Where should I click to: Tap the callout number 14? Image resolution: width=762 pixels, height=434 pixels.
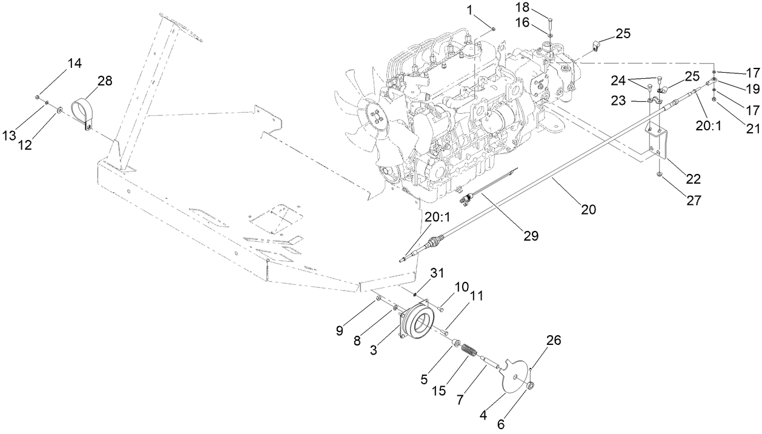pyautogui.click(x=75, y=62)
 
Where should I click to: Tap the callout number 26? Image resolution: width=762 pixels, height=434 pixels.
pyautogui.click(x=552, y=341)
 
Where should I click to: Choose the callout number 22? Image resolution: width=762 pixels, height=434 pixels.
pyautogui.click(x=693, y=179)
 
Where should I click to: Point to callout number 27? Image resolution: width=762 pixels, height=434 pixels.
pyautogui.click(x=693, y=199)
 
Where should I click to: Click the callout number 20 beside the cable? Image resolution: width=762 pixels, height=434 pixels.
pyautogui.click(x=588, y=210)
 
